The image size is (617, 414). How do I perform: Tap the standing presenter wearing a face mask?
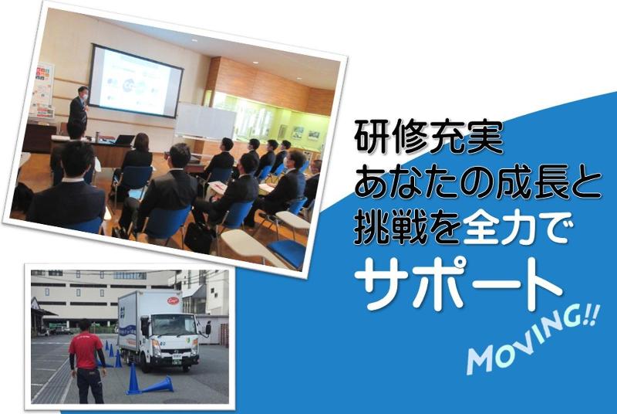coord(79,113)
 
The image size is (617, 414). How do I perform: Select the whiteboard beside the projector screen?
coord(204,120)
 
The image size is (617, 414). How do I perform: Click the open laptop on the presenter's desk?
coord(124,140)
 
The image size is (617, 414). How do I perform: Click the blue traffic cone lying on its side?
coord(158,384)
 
